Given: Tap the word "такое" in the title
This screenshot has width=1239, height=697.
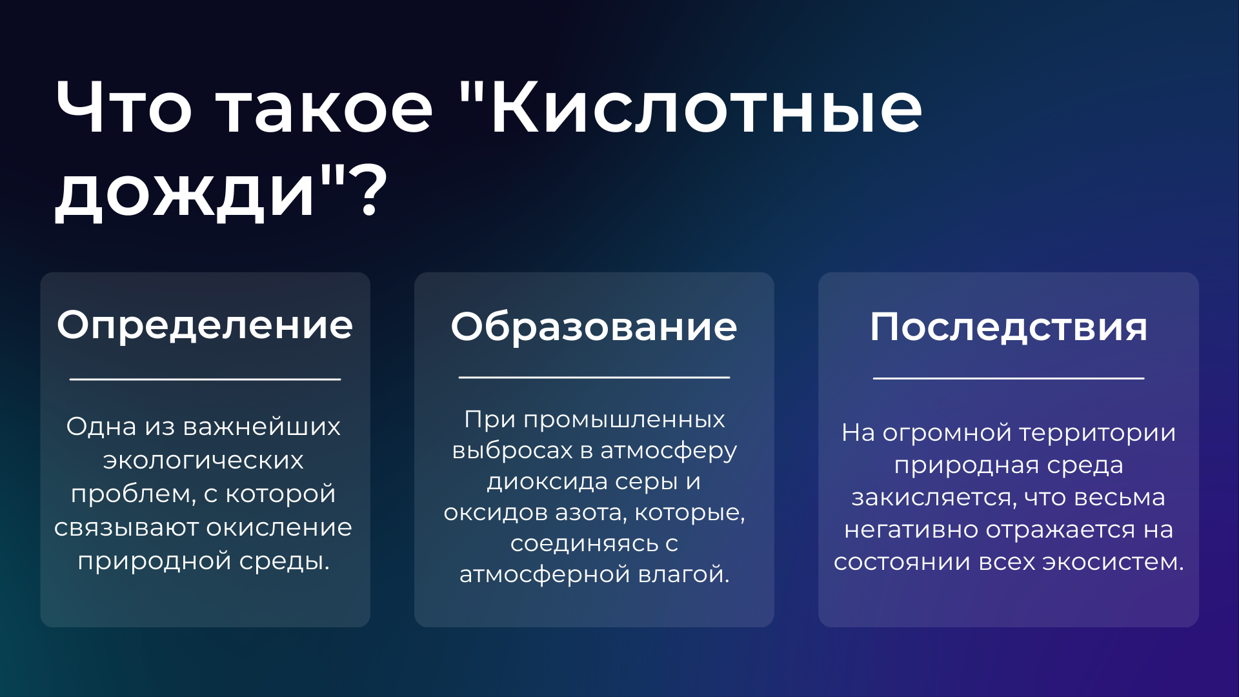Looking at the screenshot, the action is [x=325, y=109].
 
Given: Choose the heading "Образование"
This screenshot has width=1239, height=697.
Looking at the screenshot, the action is [x=594, y=327].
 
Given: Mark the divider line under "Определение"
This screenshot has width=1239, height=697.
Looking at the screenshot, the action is [x=205, y=379].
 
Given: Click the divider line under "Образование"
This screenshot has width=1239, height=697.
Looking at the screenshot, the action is [x=594, y=377].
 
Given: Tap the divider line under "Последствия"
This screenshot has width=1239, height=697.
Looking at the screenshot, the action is [x=1009, y=378].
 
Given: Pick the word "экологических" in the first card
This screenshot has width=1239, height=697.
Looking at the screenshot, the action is [x=203, y=460].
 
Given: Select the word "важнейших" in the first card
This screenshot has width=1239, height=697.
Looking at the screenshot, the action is [x=261, y=427].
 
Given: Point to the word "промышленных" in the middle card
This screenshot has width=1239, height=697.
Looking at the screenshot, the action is [x=624, y=420].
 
